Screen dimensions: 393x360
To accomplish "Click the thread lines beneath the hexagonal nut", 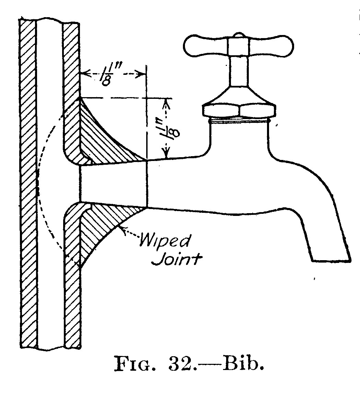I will pos(239,120).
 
